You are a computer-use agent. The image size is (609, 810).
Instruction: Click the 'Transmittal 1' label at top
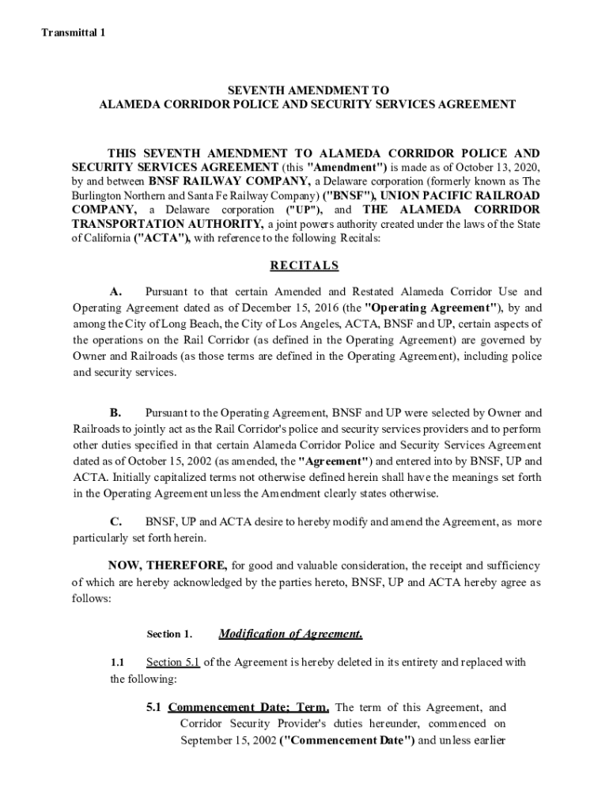pos(74,32)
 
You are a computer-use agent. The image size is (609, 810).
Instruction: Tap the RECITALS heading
pos(304,266)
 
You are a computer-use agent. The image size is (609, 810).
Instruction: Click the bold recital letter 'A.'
pos(115,292)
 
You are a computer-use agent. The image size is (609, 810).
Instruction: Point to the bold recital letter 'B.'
pos(115,413)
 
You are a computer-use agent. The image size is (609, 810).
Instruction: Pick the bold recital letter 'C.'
pos(115,522)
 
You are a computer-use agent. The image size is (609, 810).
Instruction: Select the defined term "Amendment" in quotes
pos(346,167)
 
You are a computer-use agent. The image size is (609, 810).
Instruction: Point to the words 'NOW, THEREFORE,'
pos(168,566)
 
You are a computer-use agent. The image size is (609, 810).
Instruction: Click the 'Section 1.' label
pos(169,634)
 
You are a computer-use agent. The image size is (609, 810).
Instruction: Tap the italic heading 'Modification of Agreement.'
pos(290,634)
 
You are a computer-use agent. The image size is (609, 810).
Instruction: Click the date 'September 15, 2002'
pos(228,740)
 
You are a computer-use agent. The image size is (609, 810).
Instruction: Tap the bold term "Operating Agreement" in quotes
pos(432,307)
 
